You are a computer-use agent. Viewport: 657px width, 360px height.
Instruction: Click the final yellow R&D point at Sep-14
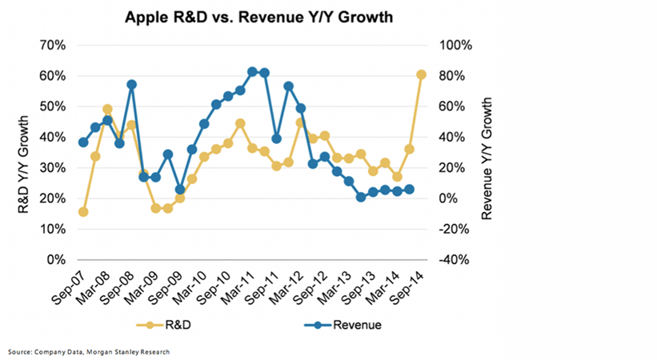click(x=421, y=75)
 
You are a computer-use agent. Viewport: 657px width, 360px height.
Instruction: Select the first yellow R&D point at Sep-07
click(x=83, y=212)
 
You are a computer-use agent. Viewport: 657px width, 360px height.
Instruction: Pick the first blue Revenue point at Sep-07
click(x=83, y=142)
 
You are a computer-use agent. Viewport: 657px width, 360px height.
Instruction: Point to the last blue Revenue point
click(x=409, y=190)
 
